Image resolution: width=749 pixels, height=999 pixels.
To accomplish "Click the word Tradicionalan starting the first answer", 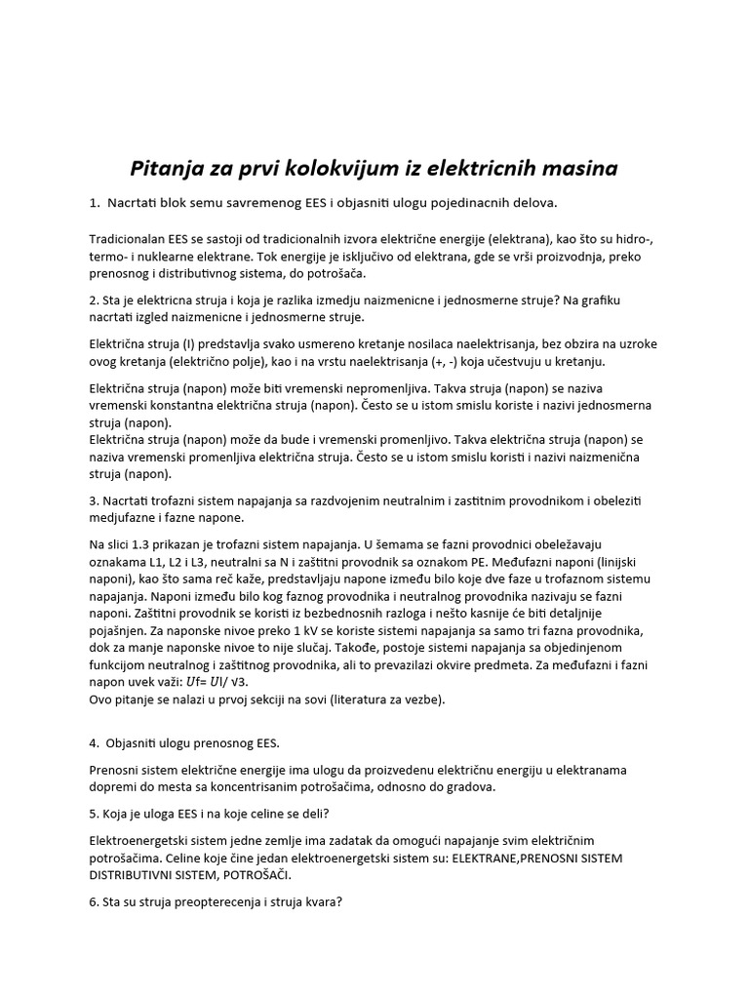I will click(135, 238).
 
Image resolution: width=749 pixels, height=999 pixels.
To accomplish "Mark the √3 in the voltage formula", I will click(264, 682).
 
